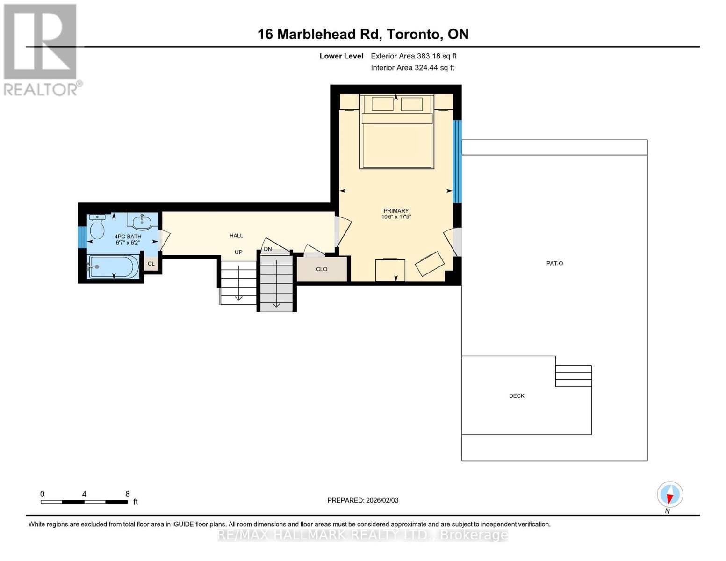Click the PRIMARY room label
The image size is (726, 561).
point(395,211)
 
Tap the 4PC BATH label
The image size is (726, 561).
point(128,237)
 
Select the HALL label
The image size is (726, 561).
point(236,236)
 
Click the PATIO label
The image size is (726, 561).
point(554,263)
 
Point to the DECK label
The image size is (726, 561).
point(517,396)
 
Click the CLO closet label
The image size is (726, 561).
point(322,269)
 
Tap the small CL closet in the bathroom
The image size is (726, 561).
point(151,264)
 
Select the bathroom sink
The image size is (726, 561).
point(142,221)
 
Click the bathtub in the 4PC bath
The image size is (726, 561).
point(114,266)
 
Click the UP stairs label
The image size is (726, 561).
point(238,252)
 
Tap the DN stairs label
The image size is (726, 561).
point(267,249)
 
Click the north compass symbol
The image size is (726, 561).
point(670,495)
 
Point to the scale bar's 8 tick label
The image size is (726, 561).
point(127,494)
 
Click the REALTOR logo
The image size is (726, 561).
point(41,49)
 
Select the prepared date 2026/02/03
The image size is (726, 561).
point(363,500)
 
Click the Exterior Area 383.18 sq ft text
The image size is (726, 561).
point(413,56)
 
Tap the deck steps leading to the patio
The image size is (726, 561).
point(573,376)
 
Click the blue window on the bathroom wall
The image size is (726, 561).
point(82,237)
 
